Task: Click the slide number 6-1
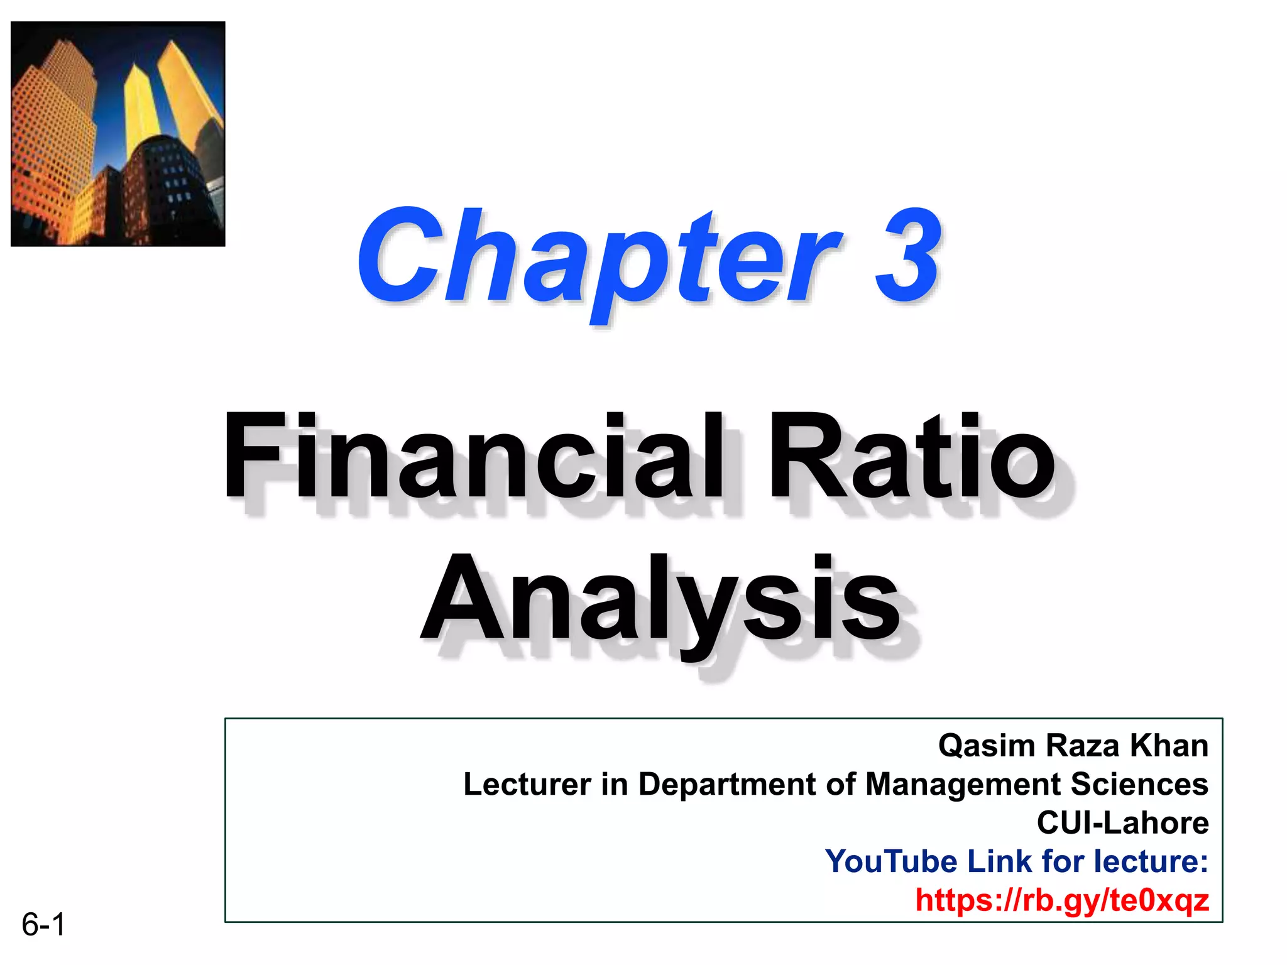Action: [43, 925]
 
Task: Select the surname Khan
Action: [1169, 746]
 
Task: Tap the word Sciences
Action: [1139, 785]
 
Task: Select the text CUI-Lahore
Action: [1122, 823]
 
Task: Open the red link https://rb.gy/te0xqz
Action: [1061, 900]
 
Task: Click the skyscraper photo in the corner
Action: [118, 134]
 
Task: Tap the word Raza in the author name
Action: [1082, 746]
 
